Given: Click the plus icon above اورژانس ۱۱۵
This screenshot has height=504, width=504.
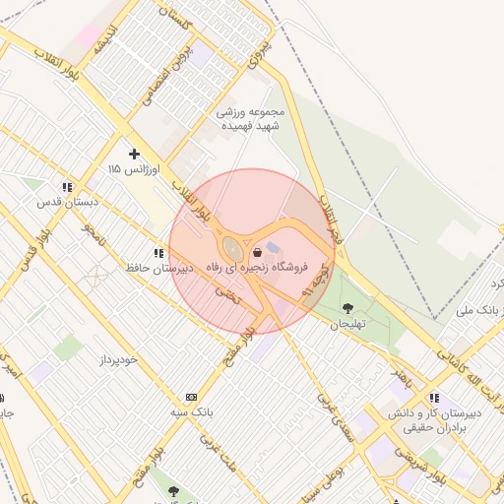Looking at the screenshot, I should click(135, 154).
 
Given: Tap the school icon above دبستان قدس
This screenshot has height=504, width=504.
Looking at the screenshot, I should click(66, 186).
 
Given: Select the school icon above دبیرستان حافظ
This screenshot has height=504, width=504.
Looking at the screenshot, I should click(157, 253).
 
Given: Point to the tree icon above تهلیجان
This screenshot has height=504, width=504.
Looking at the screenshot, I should click(346, 308).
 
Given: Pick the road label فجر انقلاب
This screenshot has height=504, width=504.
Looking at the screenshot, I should click(324, 210).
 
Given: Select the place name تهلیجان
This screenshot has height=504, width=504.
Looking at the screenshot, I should click(346, 324).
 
